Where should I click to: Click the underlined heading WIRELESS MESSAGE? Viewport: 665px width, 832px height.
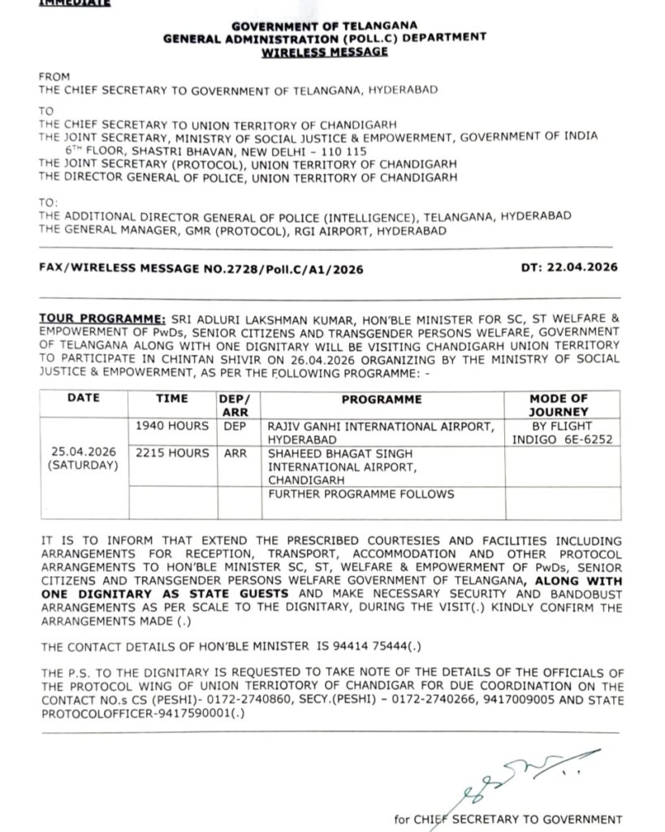(324, 52)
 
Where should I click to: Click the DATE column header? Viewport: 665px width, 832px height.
(84, 399)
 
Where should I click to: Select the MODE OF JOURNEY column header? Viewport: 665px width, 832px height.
(559, 405)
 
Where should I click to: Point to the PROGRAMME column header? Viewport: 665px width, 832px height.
(382, 399)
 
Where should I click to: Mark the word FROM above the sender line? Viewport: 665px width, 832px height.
(55, 77)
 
